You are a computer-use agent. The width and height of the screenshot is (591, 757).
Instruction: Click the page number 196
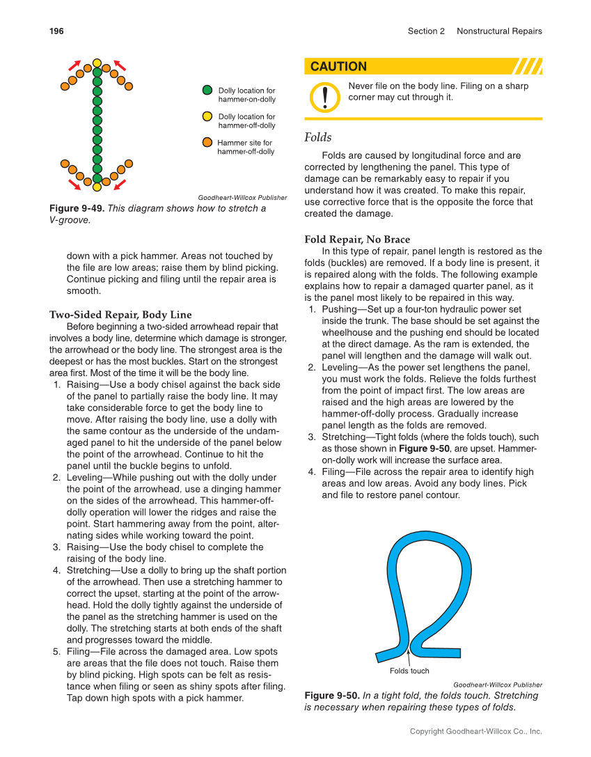(56, 31)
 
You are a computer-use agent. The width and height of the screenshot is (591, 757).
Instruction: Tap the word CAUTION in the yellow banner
(338, 67)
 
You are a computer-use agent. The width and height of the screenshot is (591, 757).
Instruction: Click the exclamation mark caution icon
(325, 96)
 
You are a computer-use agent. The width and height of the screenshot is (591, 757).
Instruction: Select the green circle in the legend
(207, 91)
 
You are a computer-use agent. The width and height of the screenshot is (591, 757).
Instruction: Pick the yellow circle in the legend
(207, 116)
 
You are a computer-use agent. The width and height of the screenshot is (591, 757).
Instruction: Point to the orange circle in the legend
(207, 142)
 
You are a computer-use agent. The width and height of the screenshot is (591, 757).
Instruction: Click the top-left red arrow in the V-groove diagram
(73, 65)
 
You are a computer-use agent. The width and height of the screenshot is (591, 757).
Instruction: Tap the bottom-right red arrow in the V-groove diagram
(120, 185)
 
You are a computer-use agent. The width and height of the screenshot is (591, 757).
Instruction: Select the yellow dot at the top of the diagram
(97, 63)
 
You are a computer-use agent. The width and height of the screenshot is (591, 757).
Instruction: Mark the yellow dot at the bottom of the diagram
(97, 187)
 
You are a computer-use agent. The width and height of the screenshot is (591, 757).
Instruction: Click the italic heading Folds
(318, 138)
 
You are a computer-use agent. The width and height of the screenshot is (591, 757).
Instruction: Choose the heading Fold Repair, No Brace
(357, 240)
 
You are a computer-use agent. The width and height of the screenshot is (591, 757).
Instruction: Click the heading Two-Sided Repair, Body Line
(120, 315)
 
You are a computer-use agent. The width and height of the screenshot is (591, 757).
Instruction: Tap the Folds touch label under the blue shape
(409, 671)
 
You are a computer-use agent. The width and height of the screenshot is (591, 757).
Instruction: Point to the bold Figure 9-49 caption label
(77, 208)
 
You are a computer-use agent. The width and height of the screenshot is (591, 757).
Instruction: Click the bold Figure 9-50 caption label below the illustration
(332, 696)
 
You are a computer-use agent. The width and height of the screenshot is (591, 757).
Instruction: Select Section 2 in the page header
(426, 31)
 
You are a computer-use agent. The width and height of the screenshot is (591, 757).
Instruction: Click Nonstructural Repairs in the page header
(499, 31)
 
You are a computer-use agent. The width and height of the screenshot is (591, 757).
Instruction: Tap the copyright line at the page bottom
(475, 731)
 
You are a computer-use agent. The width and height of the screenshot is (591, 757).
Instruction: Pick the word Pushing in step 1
(340, 309)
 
